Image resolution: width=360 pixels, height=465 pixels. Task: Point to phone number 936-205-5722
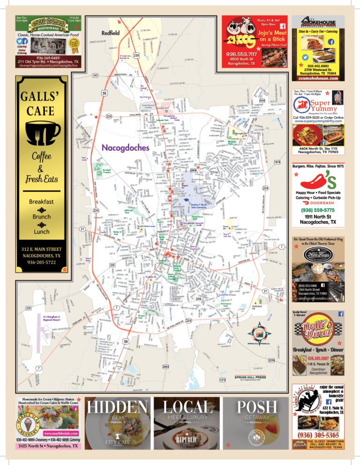tap(42, 263)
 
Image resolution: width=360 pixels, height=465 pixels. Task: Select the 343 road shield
tap(95, 75)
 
